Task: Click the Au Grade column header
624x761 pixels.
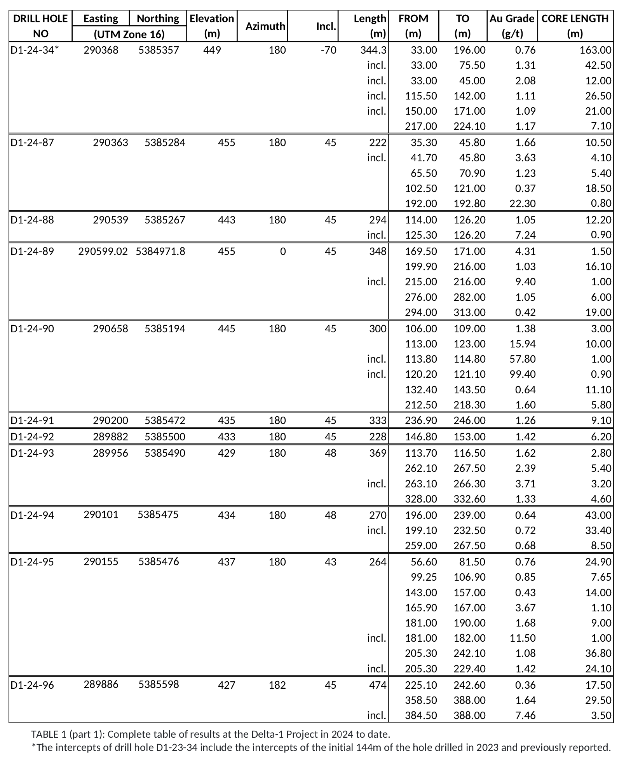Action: tap(512, 26)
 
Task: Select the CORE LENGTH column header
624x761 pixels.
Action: tap(575, 26)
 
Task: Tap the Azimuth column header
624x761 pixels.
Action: tap(265, 26)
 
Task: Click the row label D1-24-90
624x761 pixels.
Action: tap(32, 329)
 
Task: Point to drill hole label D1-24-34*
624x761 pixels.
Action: tap(35, 50)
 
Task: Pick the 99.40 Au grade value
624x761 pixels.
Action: tap(522, 374)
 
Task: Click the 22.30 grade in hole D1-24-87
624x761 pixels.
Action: tap(522, 203)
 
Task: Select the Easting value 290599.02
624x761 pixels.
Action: tap(103, 251)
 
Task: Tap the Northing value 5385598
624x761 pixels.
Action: tap(159, 684)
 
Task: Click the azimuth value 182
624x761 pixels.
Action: tap(277, 685)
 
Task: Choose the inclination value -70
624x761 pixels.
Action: tap(328, 50)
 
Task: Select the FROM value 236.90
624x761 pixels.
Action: tap(421, 421)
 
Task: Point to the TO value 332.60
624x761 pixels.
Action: tap(469, 499)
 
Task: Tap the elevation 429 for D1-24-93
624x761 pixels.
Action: tap(227, 453)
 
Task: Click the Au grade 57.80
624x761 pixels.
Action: tap(522, 359)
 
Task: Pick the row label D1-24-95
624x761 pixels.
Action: tap(32, 562)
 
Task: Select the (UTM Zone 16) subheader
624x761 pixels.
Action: tap(129, 34)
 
